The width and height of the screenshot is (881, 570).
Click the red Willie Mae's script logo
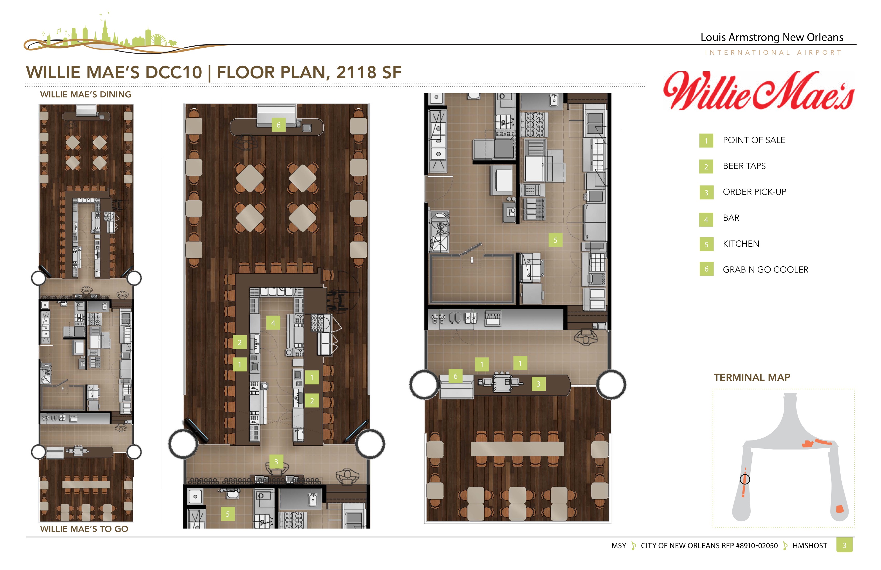(x=759, y=91)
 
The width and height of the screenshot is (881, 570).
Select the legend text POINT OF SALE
(x=754, y=140)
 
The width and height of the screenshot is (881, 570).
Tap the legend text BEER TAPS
(x=744, y=166)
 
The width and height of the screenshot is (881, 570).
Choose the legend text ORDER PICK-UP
(x=754, y=192)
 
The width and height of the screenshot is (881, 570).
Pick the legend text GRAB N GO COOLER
(x=765, y=270)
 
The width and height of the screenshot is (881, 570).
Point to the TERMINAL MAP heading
(x=752, y=377)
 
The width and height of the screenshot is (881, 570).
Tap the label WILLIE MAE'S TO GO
(x=84, y=529)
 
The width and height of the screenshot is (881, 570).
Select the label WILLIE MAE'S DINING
(x=86, y=94)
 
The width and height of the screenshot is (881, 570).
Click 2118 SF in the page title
(x=369, y=72)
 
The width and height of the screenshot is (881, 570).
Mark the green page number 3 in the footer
(x=844, y=545)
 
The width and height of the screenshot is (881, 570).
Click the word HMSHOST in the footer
(x=809, y=546)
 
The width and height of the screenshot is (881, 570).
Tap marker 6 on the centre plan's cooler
(x=278, y=125)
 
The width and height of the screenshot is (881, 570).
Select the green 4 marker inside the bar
(x=273, y=323)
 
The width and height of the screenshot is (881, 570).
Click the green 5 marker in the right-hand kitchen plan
(x=555, y=240)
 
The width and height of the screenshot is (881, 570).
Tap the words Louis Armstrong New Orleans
(x=772, y=37)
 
